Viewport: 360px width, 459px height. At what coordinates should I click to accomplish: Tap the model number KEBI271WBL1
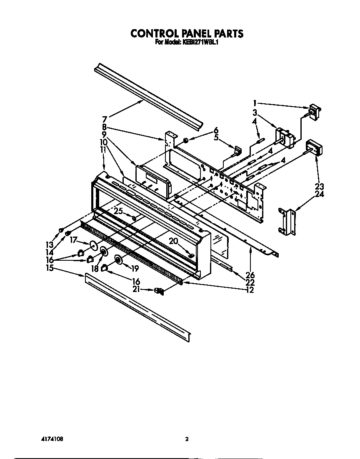pos(201,42)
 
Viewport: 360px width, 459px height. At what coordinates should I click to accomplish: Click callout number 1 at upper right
pos(255,102)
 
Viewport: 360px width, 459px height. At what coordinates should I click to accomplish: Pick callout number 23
pos(320,186)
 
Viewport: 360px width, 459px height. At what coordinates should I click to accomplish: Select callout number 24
pos(320,194)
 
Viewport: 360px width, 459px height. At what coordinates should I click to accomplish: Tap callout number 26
pos(250,275)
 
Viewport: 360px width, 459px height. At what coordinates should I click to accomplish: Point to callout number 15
pos(50,268)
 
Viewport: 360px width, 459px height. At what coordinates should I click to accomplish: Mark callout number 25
pos(119,211)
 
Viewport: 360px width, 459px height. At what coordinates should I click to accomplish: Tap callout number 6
pos(216,130)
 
